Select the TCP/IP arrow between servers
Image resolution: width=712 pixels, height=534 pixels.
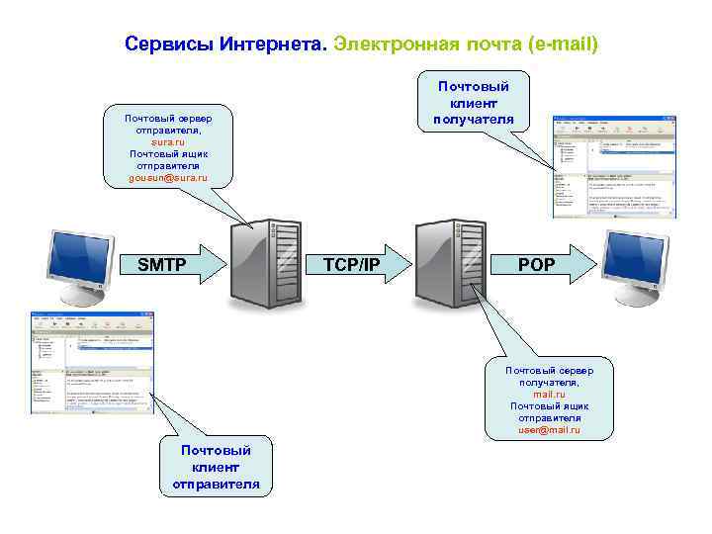click(x=352, y=264)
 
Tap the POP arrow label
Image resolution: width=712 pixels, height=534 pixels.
click(x=537, y=264)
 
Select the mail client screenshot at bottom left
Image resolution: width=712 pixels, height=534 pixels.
click(x=90, y=363)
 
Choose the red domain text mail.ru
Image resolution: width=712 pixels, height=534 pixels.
click(x=549, y=395)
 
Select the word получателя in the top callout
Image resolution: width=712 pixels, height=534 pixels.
click(x=474, y=121)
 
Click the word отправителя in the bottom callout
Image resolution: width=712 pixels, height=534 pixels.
click(x=216, y=484)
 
